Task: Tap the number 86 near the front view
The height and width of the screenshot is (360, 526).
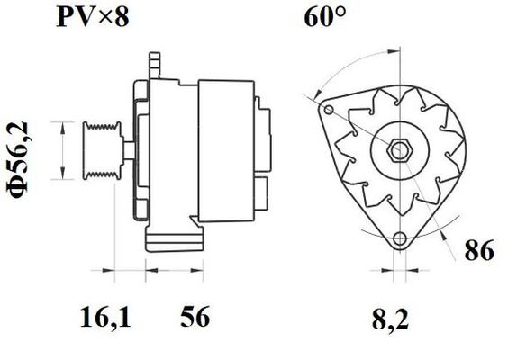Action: [478, 251]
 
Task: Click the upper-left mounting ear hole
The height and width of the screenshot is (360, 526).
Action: [329, 110]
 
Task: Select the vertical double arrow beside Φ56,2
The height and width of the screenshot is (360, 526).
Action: [61, 148]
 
